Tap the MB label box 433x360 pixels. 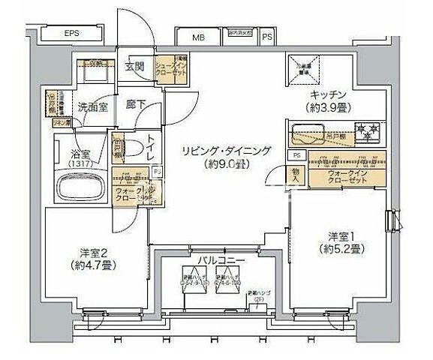(x=198, y=37)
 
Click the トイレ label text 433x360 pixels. (x=151, y=146)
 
